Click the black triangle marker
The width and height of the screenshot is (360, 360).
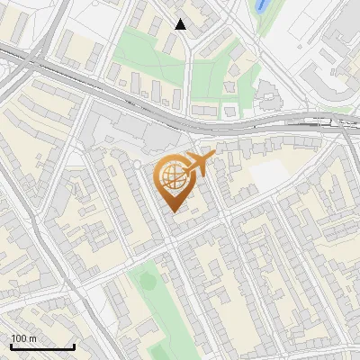coord(181,24)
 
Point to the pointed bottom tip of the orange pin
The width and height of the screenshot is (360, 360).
coord(172,210)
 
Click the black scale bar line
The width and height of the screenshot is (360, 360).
coord(41,347)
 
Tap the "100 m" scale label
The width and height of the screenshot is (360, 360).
coord(23,338)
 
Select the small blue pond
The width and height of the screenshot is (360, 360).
coord(262,6)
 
